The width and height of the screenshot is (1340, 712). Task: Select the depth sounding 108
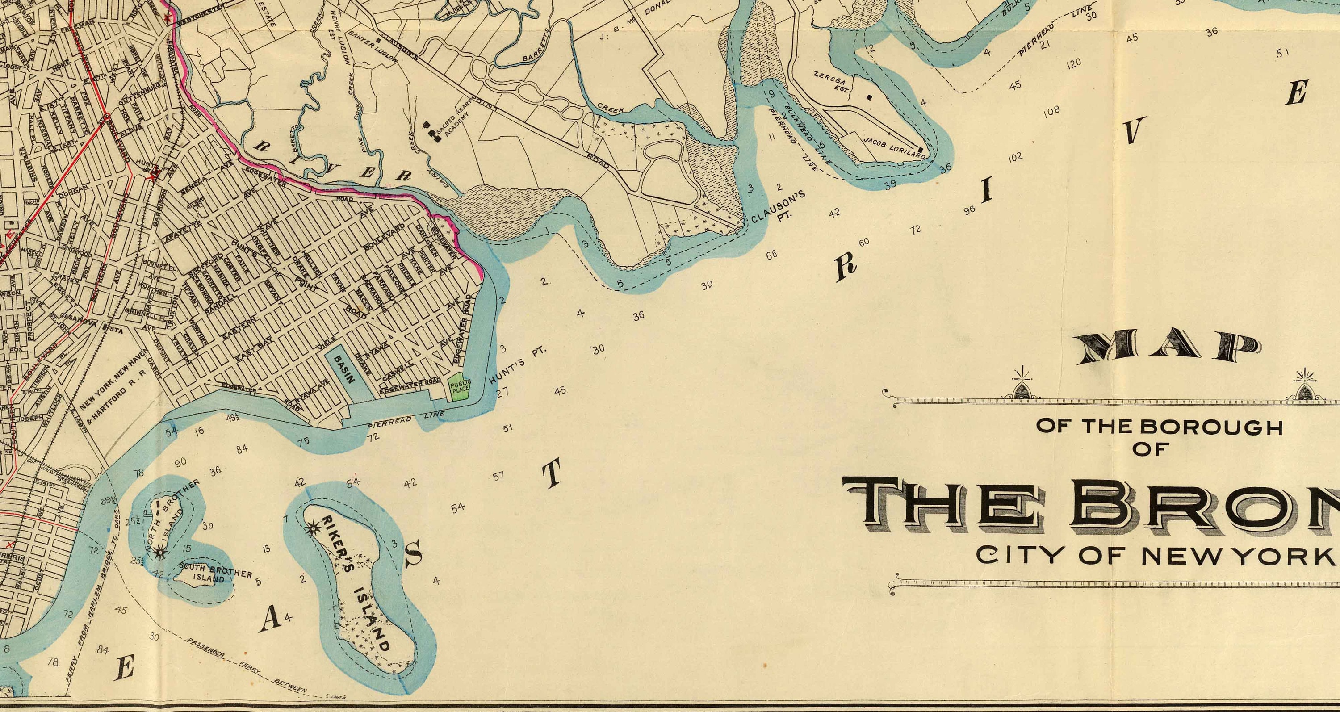(x=1051, y=111)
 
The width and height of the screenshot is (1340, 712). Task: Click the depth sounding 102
(x=1015, y=156)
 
